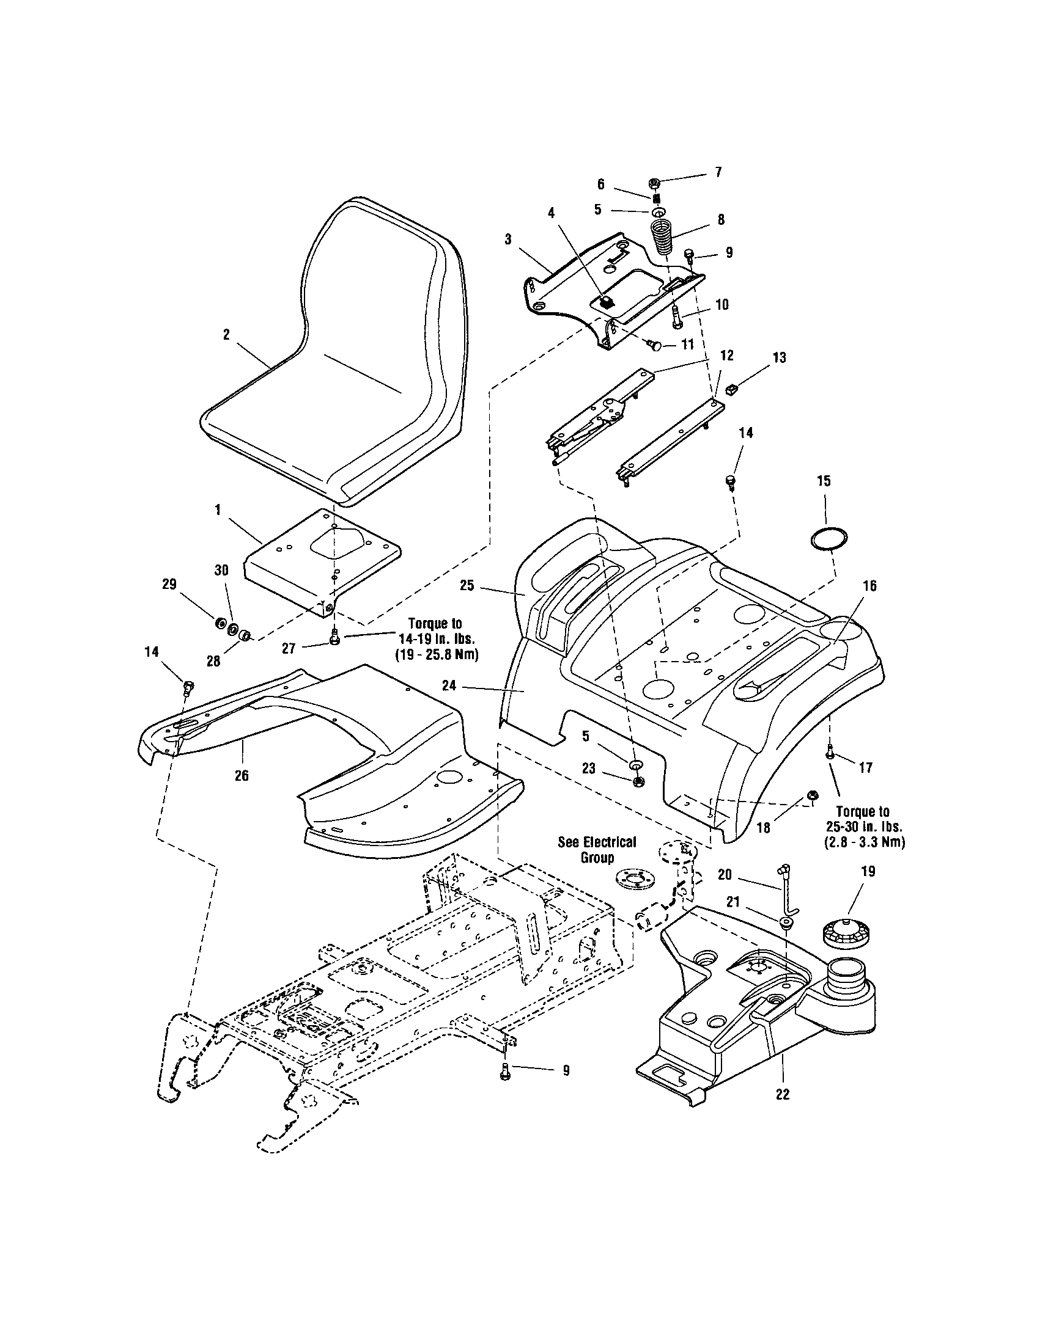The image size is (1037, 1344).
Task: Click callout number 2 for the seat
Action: (226, 334)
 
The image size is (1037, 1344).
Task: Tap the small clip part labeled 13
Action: (731, 389)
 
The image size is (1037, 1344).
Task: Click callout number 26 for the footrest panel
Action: (242, 775)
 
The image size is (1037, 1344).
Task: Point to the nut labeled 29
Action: (219, 623)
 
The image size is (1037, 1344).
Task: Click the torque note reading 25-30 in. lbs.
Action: (863, 827)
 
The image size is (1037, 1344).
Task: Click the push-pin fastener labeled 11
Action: (655, 346)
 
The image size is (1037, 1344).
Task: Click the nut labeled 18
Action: (811, 797)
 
